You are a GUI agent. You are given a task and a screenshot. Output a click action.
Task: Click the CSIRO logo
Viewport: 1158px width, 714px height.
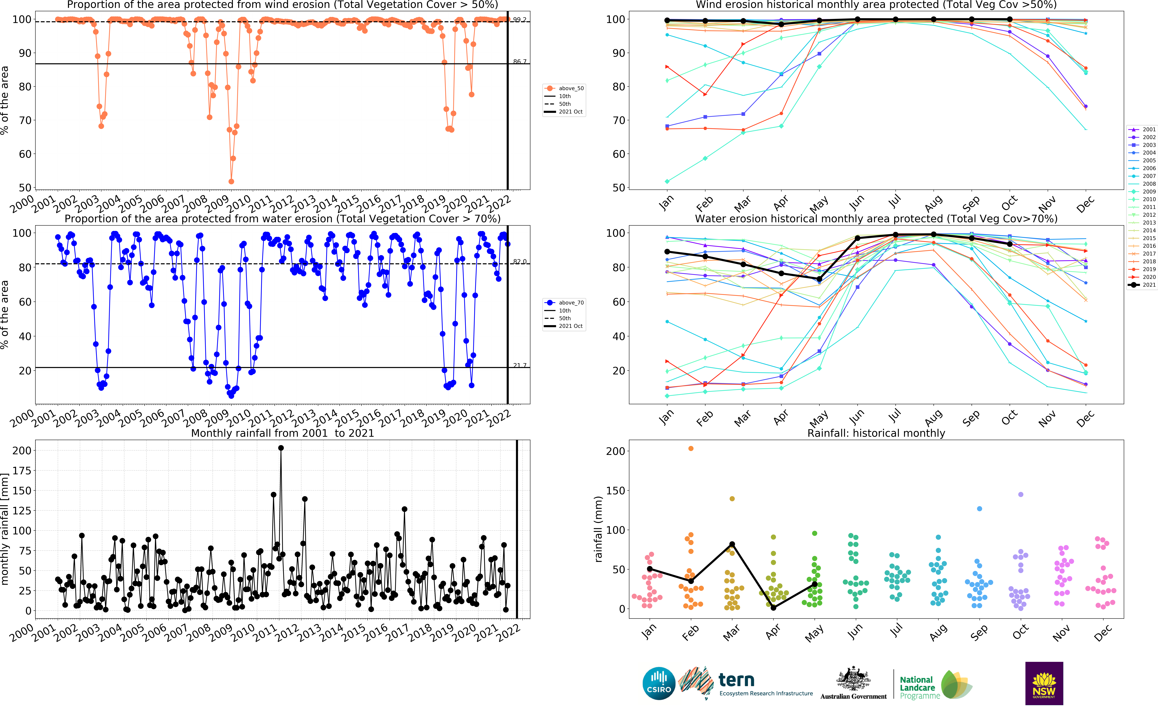(659, 683)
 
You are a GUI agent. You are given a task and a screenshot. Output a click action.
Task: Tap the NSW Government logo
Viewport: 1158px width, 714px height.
(1044, 683)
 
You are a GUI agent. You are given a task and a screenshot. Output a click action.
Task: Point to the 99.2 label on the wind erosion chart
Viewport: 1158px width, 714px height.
(520, 20)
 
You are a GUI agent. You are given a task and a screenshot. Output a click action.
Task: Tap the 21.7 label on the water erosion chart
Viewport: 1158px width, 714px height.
(520, 366)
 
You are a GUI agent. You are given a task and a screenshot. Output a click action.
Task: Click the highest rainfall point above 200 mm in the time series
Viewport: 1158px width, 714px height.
(281, 448)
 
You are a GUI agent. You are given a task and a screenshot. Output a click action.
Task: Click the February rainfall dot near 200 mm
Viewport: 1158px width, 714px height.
(691, 449)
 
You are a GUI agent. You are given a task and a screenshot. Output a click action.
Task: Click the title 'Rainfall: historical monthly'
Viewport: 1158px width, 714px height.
(876, 433)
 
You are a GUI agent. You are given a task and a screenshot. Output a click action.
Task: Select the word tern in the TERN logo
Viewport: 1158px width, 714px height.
(736, 680)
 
